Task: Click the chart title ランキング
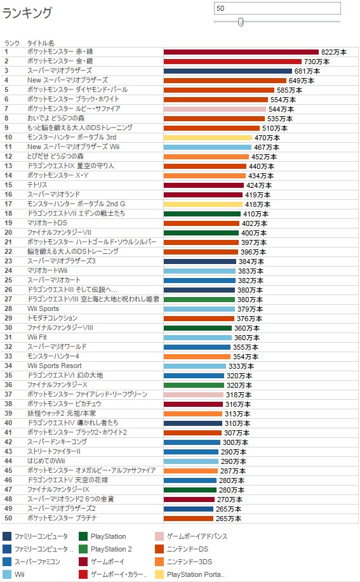(27, 13)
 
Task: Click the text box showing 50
(277, 8)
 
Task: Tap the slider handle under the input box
(241, 22)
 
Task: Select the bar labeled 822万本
(241, 52)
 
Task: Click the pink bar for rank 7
(215, 109)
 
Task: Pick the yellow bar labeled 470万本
(208, 138)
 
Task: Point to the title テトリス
(37, 185)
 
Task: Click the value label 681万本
(307, 71)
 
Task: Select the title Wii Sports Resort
(54, 366)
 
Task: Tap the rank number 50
(8, 518)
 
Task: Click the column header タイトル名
(41, 43)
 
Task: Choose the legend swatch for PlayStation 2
(83, 549)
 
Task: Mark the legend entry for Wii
(13, 574)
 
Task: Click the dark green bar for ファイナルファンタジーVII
(201, 233)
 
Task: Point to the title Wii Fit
(37, 337)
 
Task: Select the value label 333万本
(241, 366)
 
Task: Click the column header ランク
(12, 43)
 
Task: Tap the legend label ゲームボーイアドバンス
(197, 536)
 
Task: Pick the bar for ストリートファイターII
(191, 452)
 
